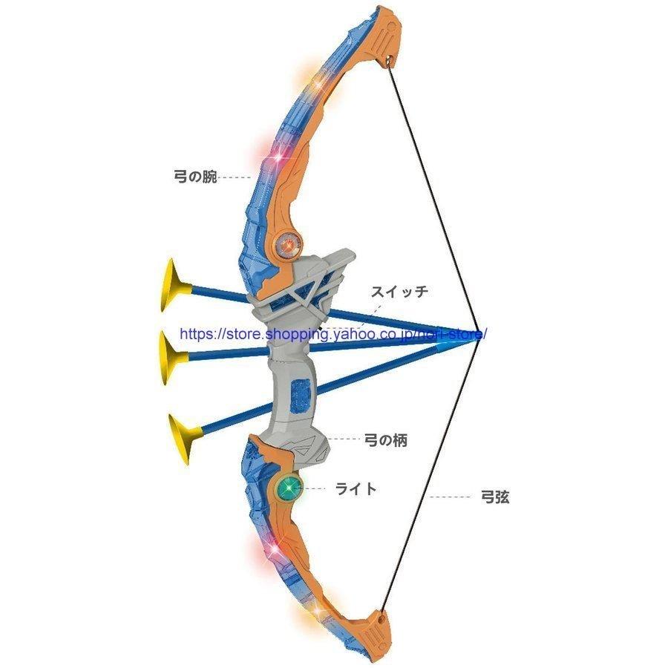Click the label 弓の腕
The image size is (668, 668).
pyautogui.click(x=195, y=177)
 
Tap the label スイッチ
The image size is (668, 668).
pyautogui.click(x=399, y=292)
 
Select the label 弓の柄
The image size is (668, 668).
pyautogui.click(x=386, y=440)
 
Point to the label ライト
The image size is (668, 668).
pyautogui.click(x=356, y=488)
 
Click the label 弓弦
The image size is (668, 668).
pyautogui.click(x=494, y=497)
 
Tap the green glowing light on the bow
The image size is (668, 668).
pyautogui.click(x=289, y=487)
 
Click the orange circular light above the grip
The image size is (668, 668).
pyautogui.click(x=289, y=246)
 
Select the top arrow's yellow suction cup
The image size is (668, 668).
pyautogui.click(x=174, y=285)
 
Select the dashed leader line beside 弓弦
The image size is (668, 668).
pyautogui.click(x=450, y=497)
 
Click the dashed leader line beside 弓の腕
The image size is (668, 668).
pyautogui.click(x=235, y=177)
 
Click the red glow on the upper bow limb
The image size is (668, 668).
pyautogui.click(x=272, y=154)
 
